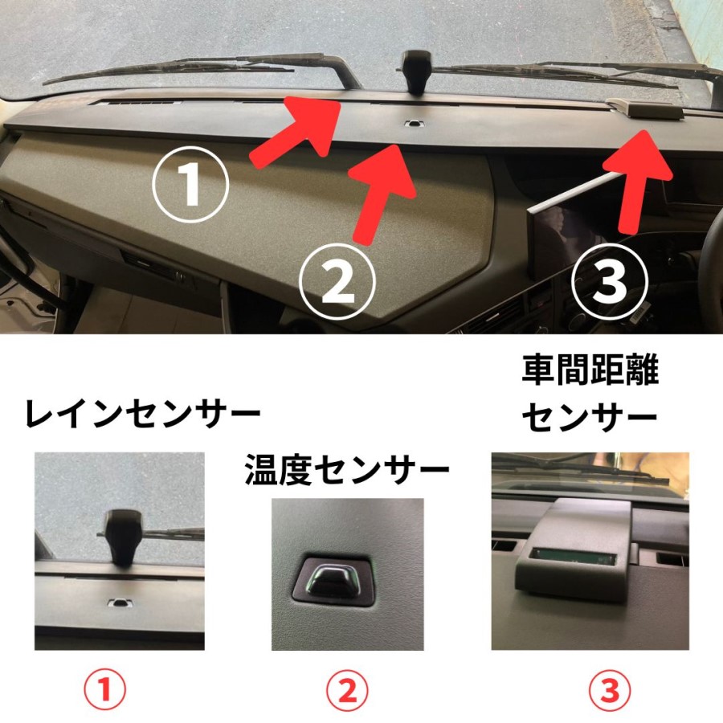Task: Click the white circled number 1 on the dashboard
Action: click(190, 184)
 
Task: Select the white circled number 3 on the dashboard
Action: click(610, 281)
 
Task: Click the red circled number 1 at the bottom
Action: click(104, 690)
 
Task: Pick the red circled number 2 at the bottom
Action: click(347, 690)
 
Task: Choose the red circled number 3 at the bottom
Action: click(610, 690)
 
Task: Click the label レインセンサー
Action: click(142, 414)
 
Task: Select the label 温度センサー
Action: click(347, 470)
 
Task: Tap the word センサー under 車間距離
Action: click(590, 417)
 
